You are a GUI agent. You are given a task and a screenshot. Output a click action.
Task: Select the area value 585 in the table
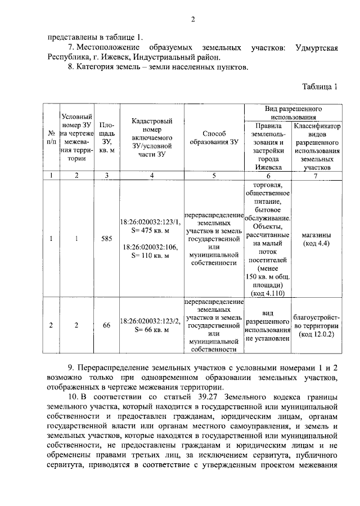107,239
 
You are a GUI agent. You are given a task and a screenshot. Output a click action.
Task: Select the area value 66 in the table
107,325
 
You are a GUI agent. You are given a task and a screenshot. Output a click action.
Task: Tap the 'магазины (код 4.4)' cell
316,239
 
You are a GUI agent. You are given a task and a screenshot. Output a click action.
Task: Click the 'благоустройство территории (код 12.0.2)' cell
316,325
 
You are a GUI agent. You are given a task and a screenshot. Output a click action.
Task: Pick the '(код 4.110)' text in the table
268,293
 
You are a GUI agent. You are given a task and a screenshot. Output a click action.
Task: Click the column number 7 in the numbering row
316,176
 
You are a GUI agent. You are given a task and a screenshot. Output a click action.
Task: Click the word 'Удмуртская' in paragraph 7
316,47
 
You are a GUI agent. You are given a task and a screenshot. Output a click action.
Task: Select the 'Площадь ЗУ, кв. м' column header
107,137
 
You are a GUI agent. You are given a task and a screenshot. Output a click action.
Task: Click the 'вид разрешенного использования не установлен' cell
268,325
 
